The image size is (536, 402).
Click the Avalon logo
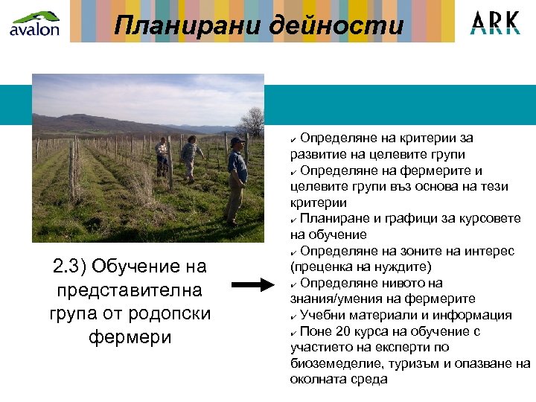pyautogui.click(x=34, y=23)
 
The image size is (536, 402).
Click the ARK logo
pyautogui.click(x=495, y=23)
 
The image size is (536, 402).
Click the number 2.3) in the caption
pyautogui.click(x=72, y=267)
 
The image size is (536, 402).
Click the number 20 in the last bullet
pyautogui.click(x=343, y=331)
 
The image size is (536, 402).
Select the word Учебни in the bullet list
pyautogui.click(x=324, y=315)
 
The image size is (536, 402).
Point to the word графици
pyautogui.click(x=396, y=219)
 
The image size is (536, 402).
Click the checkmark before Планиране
pyautogui.click(x=294, y=220)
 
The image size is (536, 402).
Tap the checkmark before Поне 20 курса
pyautogui.click(x=294, y=332)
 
